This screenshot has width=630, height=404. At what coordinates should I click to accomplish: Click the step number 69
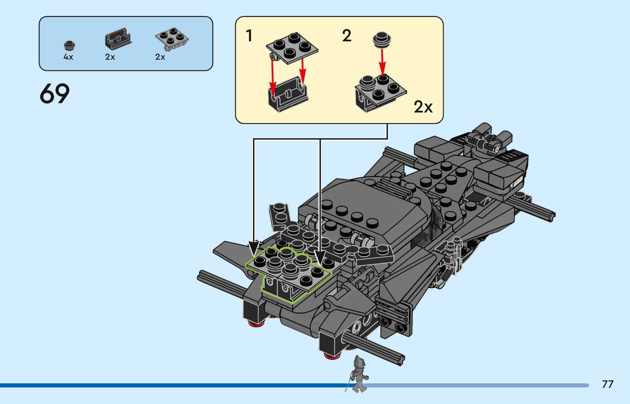(x=55, y=93)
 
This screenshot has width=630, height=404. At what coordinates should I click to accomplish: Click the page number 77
(x=608, y=384)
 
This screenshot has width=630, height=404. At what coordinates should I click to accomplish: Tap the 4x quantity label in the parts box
(x=68, y=57)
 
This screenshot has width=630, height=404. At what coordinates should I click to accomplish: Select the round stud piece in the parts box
(x=69, y=46)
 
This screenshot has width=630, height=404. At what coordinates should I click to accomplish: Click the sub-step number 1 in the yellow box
(x=249, y=36)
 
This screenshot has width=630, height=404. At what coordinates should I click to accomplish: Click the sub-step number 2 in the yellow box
(x=347, y=36)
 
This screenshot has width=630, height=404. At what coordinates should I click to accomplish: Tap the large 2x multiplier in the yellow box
(x=423, y=107)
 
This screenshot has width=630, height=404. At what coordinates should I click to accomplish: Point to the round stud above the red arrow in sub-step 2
(x=382, y=40)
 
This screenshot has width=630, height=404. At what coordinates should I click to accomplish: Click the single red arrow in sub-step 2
(x=382, y=62)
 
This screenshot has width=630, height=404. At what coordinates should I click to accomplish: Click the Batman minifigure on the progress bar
(x=358, y=374)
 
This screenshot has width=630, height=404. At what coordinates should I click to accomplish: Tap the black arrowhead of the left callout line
(x=254, y=249)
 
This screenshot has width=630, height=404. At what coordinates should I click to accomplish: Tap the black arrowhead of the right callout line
(x=320, y=258)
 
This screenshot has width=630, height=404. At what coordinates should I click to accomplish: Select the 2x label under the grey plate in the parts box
(x=160, y=57)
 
